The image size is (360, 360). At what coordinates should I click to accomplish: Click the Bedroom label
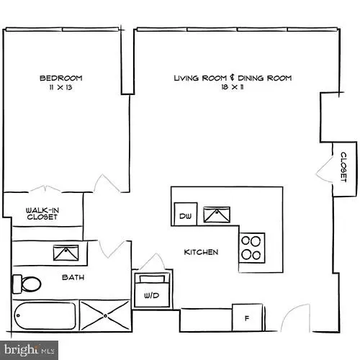coord(60,78)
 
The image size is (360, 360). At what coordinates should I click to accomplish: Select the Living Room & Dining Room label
coord(232,78)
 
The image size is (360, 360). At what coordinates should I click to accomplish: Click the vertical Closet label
coord(344,166)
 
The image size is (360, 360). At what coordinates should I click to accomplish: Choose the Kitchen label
coord(201,252)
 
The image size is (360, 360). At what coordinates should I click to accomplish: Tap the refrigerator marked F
coord(247,318)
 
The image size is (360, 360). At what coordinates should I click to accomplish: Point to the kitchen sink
coord(217,215)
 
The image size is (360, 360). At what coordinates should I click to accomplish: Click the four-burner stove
coord(251,247)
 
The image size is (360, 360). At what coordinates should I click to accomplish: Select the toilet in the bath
coord(27,283)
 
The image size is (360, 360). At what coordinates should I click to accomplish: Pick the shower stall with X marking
coord(105,315)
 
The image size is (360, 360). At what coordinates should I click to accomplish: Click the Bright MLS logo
coord(29,351)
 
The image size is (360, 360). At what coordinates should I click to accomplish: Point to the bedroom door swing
coord(107,184)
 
